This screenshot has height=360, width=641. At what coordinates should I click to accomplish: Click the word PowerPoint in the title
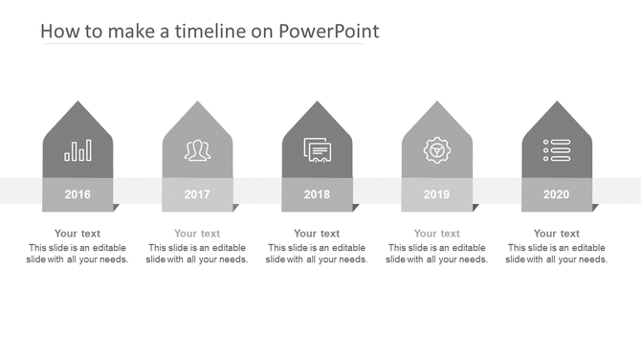pyautogui.click(x=328, y=32)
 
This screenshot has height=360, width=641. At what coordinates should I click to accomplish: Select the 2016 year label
pyautogui.click(x=77, y=194)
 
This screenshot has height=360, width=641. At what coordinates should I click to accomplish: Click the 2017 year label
pyautogui.click(x=197, y=194)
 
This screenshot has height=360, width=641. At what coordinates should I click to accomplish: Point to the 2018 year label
pyautogui.click(x=317, y=194)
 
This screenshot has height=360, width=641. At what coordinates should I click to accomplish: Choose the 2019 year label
pyautogui.click(x=436, y=194)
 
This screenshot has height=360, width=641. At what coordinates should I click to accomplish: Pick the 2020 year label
pyautogui.click(x=556, y=194)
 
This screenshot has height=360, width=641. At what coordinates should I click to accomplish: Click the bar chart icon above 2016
pyautogui.click(x=77, y=150)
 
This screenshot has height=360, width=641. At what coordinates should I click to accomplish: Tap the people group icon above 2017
pyautogui.click(x=197, y=150)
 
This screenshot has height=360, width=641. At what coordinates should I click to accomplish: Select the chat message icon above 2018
pyautogui.click(x=317, y=150)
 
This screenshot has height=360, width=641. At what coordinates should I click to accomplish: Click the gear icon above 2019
pyautogui.click(x=436, y=150)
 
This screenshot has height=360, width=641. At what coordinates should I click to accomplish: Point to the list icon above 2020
pyautogui.click(x=556, y=150)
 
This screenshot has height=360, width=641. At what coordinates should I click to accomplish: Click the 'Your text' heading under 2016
pyautogui.click(x=77, y=234)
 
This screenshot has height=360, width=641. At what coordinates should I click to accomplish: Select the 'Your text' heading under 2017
pyautogui.click(x=197, y=234)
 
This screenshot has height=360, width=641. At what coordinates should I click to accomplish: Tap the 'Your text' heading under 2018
pyautogui.click(x=317, y=234)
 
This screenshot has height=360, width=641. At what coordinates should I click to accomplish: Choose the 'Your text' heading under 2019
pyautogui.click(x=436, y=234)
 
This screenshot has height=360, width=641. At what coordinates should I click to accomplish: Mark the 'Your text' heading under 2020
pyautogui.click(x=556, y=234)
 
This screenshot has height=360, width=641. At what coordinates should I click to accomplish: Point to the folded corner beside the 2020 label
pyautogui.click(x=594, y=207)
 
